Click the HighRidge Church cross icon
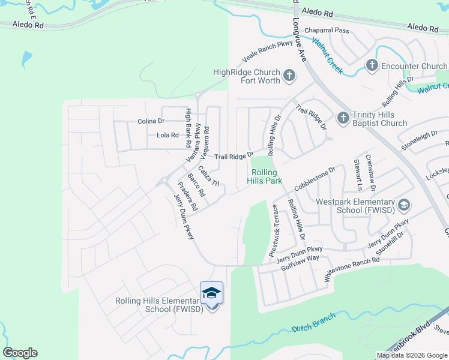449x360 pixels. (289, 76)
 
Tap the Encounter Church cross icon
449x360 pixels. (372, 65)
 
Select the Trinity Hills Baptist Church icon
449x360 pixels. (343, 118)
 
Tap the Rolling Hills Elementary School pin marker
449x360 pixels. (211, 294)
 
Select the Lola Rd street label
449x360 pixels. (167, 136)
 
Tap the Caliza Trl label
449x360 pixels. (209, 175)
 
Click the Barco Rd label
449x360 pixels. (196, 186)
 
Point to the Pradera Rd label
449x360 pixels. (187, 196)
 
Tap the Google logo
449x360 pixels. (20, 353)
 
